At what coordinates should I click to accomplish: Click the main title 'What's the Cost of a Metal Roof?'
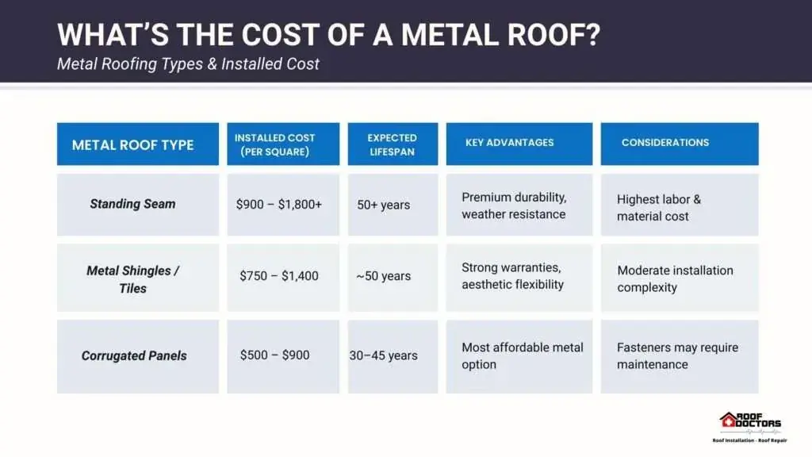tap(329, 35)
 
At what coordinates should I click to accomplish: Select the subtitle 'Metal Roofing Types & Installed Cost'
tap(188, 63)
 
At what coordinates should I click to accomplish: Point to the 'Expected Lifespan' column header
tap(392, 144)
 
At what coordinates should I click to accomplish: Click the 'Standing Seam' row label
tap(132, 204)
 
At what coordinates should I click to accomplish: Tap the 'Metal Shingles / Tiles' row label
tap(132, 279)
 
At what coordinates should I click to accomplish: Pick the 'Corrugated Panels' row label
tap(134, 356)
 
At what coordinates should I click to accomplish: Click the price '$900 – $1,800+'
tap(279, 205)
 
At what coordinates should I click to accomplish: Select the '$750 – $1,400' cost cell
tap(279, 275)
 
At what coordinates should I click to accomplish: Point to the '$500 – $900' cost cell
tap(275, 355)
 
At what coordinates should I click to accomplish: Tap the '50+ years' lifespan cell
tap(383, 205)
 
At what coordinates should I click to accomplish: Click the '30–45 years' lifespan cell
tap(383, 355)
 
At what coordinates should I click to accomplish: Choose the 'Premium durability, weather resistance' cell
tap(514, 205)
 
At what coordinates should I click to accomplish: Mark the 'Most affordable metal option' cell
tap(523, 356)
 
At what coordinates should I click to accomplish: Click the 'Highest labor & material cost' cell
tap(659, 208)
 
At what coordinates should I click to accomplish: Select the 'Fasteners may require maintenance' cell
tap(677, 356)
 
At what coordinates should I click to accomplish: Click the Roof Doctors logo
tap(750, 427)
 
